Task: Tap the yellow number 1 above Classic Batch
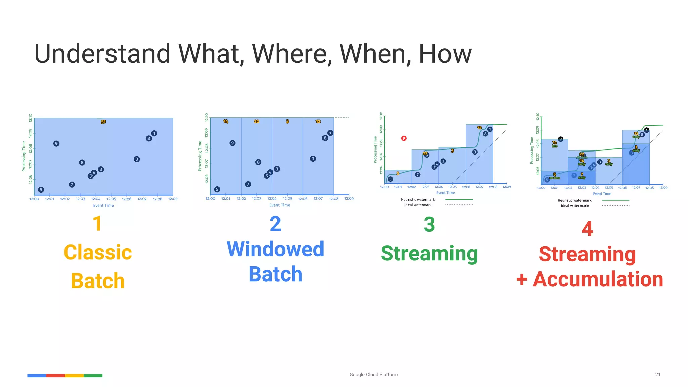[97, 224]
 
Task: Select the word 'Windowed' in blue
[275, 249]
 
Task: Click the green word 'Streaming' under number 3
[429, 253]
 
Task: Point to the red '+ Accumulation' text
[590, 279]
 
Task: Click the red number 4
[587, 229]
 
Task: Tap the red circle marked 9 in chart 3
[404, 138]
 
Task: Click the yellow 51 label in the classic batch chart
[103, 122]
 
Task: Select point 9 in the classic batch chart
[56, 144]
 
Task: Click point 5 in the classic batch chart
[41, 190]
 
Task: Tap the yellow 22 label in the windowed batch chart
[256, 121]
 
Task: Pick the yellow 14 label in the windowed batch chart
[226, 121]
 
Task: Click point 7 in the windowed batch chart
[248, 184]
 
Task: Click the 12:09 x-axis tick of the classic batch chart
[173, 199]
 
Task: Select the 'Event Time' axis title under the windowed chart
[279, 205]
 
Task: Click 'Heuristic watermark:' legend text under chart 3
[418, 200]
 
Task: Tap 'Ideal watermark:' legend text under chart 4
[575, 206]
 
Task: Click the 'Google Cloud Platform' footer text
[374, 375]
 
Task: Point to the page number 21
[658, 375]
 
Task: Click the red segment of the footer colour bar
[55, 376]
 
